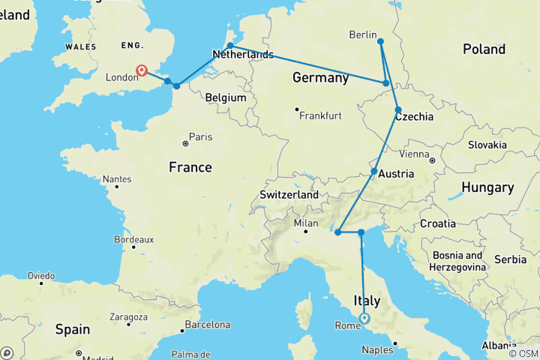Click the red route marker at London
(142, 70)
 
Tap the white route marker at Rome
(364, 318)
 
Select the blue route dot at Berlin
(380, 41)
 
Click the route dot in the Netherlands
(230, 46)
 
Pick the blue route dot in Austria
(374, 172)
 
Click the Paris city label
(200, 136)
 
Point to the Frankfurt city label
(320, 116)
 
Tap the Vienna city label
(415, 154)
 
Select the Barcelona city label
(208, 325)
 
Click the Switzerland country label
(289, 194)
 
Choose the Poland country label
(484, 49)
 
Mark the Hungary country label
(487, 187)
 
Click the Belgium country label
(226, 97)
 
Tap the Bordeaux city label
(134, 239)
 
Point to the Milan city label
(307, 223)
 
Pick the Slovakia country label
(488, 145)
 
